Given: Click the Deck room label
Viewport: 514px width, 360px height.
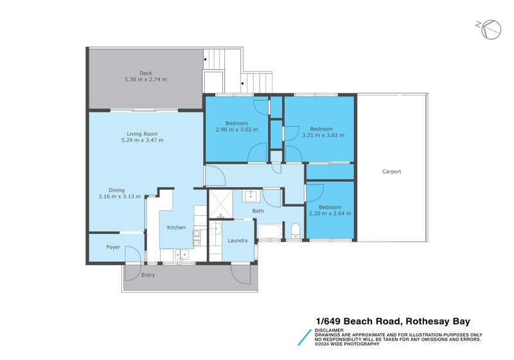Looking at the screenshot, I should coord(145,73).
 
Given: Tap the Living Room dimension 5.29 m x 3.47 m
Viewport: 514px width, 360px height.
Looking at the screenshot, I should coord(145,140).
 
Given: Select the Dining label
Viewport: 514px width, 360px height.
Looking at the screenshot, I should coord(116,190).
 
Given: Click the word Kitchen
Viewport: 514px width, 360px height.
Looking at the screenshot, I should coord(176,228).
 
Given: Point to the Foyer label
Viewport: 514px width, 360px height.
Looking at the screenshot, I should coord(113,247).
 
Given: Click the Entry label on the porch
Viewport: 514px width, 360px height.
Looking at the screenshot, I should coord(148,275).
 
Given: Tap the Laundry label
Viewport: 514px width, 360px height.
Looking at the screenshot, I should coord(238,240).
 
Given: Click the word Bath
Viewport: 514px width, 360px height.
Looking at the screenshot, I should coord(258,211).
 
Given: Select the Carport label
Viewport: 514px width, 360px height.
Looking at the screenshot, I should coord(391,172).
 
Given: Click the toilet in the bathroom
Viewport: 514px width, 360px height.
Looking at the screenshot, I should coord(295,231).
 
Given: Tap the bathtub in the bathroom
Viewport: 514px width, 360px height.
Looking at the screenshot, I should coord(270,231).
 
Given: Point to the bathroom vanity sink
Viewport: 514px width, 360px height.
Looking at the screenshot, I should coord(251,195).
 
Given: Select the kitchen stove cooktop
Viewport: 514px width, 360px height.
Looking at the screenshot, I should coord(197,239).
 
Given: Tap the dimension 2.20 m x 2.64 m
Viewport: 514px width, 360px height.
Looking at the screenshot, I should coord(330,213).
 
